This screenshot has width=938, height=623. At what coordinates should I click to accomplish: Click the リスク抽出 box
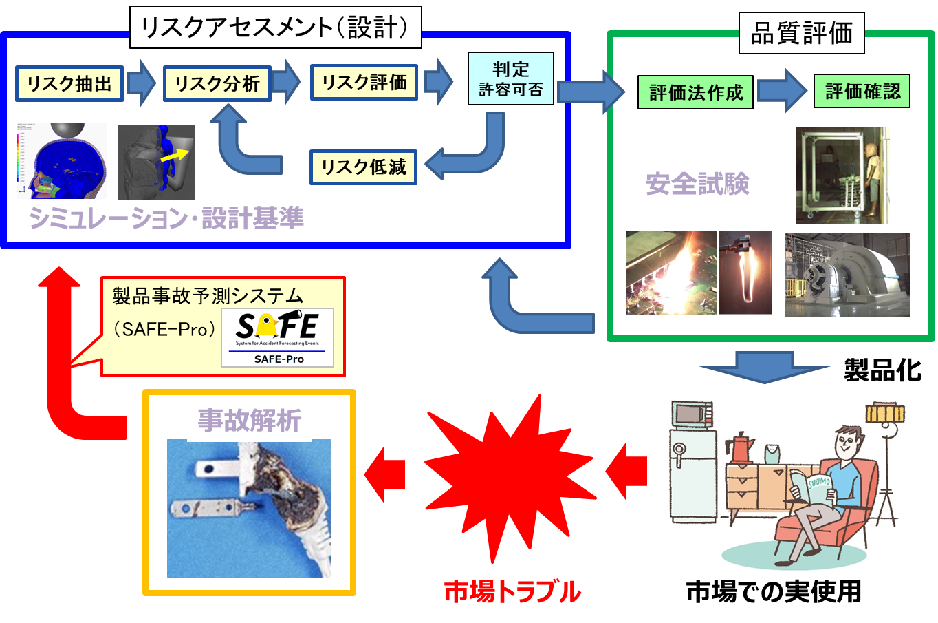[x=69, y=84]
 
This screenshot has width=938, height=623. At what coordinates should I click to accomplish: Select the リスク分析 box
[x=217, y=84]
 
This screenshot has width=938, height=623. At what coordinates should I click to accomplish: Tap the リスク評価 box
[x=364, y=83]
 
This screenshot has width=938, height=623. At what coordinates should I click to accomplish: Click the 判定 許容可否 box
[x=510, y=79]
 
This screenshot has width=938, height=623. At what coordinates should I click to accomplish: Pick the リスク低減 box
[x=363, y=167]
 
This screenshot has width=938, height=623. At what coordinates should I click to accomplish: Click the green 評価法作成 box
[x=695, y=92]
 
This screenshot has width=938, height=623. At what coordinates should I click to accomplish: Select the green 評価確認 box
[x=862, y=92]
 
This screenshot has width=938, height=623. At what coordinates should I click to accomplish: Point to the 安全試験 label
[x=697, y=184]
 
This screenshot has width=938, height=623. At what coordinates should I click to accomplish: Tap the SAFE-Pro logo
[x=278, y=337]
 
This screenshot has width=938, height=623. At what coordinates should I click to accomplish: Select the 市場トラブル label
[x=512, y=591]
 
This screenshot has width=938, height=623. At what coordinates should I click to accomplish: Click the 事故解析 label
[x=249, y=421]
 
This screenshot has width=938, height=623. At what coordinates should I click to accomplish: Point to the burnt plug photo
[x=249, y=508]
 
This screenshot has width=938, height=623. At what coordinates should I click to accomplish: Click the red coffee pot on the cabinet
[x=741, y=447]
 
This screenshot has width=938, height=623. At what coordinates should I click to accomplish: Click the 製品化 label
[x=882, y=370]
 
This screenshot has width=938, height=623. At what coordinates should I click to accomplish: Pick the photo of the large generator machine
[x=847, y=275]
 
